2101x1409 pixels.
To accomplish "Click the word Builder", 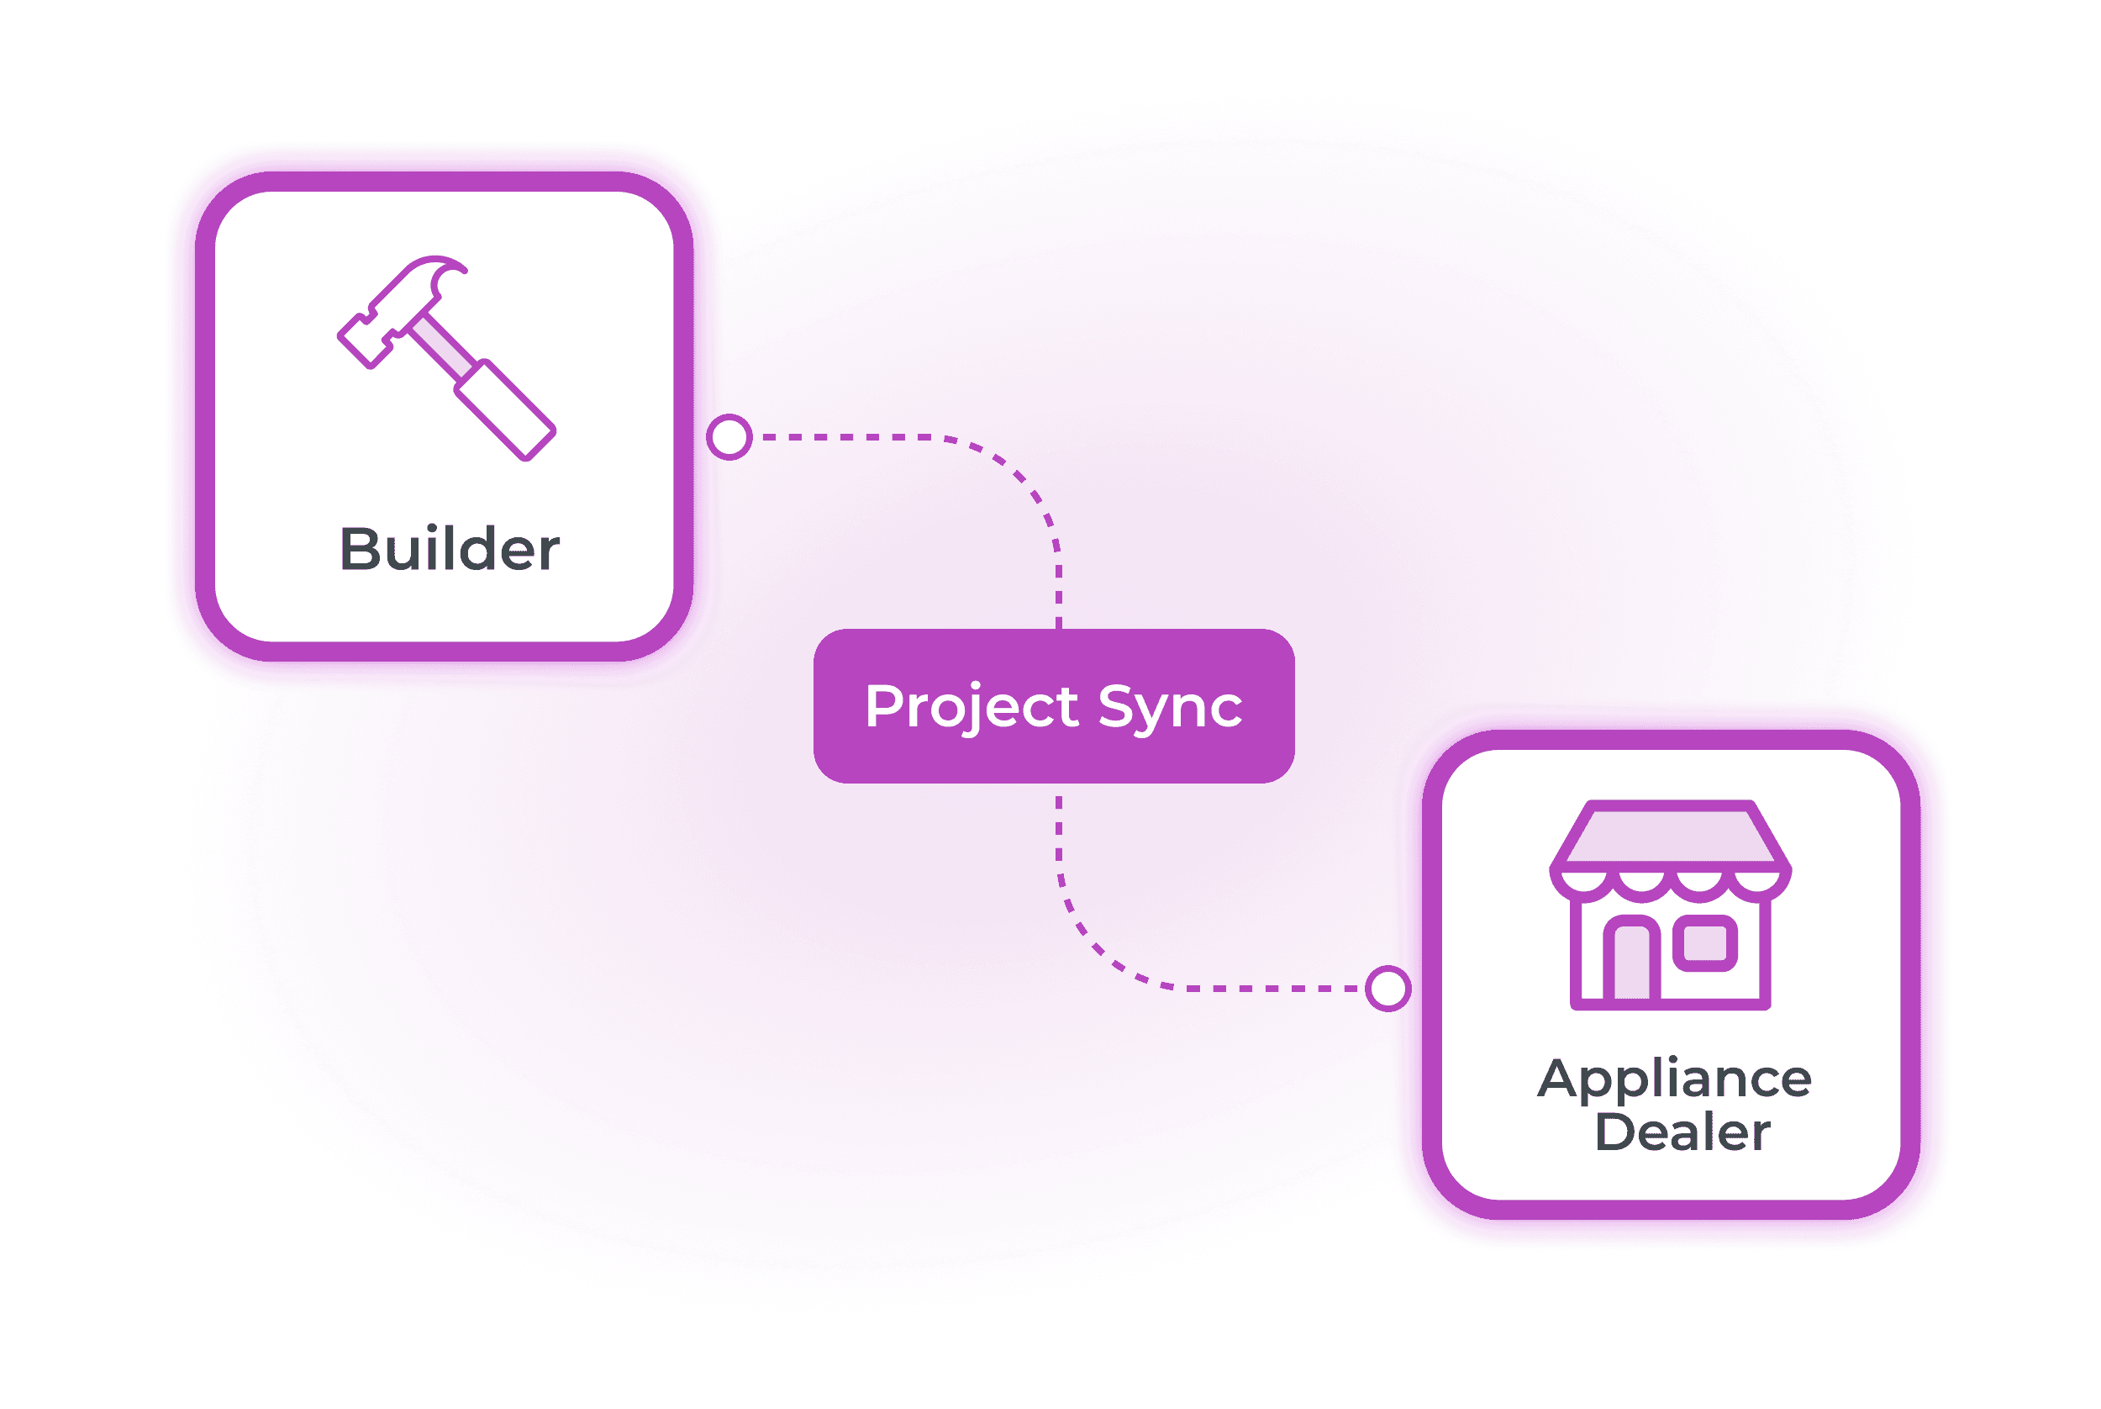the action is [449, 549].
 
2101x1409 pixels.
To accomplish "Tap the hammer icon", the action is [446, 357].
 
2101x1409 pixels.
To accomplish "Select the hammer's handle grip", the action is [505, 409].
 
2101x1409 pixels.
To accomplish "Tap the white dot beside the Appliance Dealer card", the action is [1388, 989].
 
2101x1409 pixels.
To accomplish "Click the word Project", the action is [971, 707].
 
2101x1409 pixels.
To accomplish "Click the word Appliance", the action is [1674, 1079].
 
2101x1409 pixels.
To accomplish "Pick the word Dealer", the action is [1682, 1132].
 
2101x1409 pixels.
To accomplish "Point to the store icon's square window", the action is [1706, 942].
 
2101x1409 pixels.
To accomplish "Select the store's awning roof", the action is [1671, 836].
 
